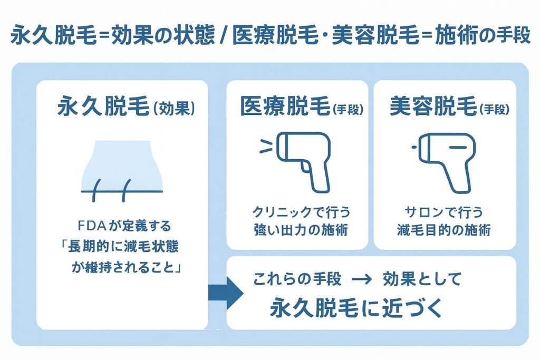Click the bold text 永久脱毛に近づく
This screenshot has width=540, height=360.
[x=356, y=308]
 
